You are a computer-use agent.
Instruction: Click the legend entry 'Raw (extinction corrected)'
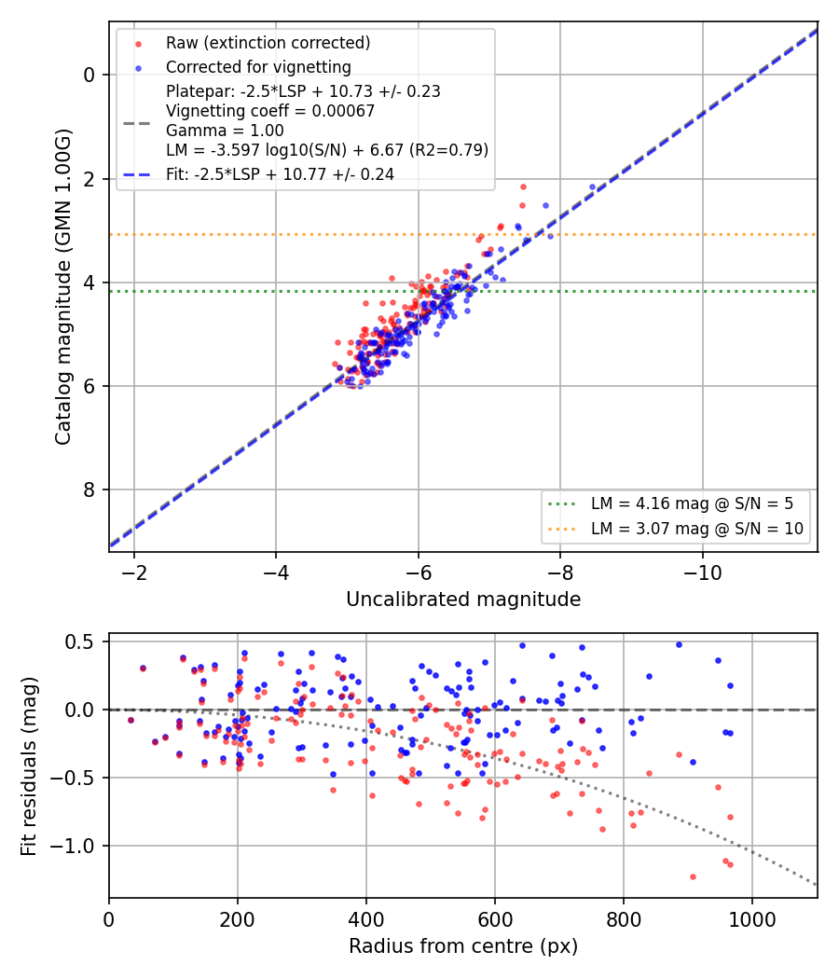[268, 43]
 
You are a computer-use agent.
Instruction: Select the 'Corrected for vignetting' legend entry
[258, 67]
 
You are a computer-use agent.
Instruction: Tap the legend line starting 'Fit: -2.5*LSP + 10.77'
[280, 174]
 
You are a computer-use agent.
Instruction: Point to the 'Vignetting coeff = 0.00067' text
[270, 111]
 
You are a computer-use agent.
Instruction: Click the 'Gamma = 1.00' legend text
[225, 131]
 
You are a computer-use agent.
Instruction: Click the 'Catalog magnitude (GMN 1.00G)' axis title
[62, 287]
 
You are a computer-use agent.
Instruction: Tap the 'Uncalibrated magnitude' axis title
[463, 600]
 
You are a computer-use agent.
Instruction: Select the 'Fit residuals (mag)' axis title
[28, 766]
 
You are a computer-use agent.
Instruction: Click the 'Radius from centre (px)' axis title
[463, 946]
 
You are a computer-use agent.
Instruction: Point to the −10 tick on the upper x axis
[702, 572]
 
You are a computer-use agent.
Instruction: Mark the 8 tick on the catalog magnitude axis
[89, 490]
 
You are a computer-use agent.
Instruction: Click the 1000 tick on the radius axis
[752, 919]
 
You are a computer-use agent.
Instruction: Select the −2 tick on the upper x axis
[133, 572]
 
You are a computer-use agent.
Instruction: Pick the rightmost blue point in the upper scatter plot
[592, 187]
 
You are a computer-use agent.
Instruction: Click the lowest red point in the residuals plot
[693, 877]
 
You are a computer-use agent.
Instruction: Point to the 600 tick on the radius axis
[495, 919]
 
